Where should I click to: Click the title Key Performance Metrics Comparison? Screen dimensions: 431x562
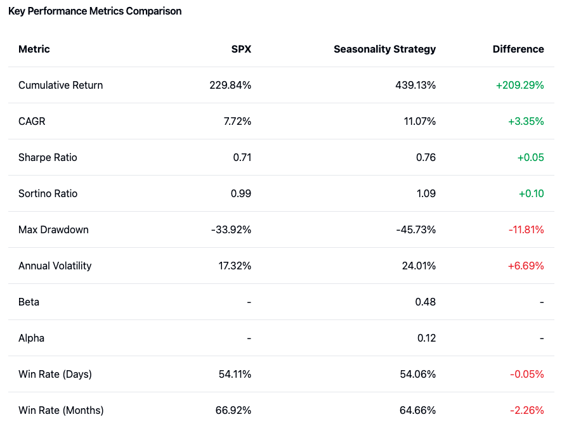pyautogui.click(x=95, y=11)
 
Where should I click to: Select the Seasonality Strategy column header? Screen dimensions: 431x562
pyautogui.click(x=384, y=49)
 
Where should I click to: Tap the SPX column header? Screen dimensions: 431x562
pyautogui.click(x=241, y=49)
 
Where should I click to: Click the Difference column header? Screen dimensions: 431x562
pyautogui.click(x=518, y=49)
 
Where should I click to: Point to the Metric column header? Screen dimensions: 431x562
pyautogui.click(x=34, y=49)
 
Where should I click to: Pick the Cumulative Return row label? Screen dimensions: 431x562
pyautogui.click(x=60, y=85)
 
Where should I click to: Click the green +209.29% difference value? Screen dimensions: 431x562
pyautogui.click(x=520, y=85)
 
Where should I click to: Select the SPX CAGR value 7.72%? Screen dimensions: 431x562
pyautogui.click(x=238, y=121)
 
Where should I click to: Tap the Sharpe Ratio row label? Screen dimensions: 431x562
pyautogui.click(x=48, y=157)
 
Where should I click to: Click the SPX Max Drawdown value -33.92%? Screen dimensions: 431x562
pyautogui.click(x=231, y=229)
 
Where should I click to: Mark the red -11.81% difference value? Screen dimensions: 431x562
pyautogui.click(x=526, y=229)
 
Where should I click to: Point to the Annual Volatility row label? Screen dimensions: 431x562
pyautogui.click(x=55, y=266)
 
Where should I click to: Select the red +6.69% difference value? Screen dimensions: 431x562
pyautogui.click(x=526, y=266)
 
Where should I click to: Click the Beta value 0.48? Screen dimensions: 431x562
pyautogui.click(x=426, y=302)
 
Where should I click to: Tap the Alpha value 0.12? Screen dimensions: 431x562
pyautogui.click(x=426, y=338)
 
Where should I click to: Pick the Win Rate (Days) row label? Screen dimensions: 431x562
pyautogui.click(x=55, y=374)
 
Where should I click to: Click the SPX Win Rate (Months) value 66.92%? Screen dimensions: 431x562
pyautogui.click(x=233, y=410)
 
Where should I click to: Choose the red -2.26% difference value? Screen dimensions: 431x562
pyautogui.click(x=527, y=410)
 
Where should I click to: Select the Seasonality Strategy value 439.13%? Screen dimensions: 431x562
pyautogui.click(x=415, y=85)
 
